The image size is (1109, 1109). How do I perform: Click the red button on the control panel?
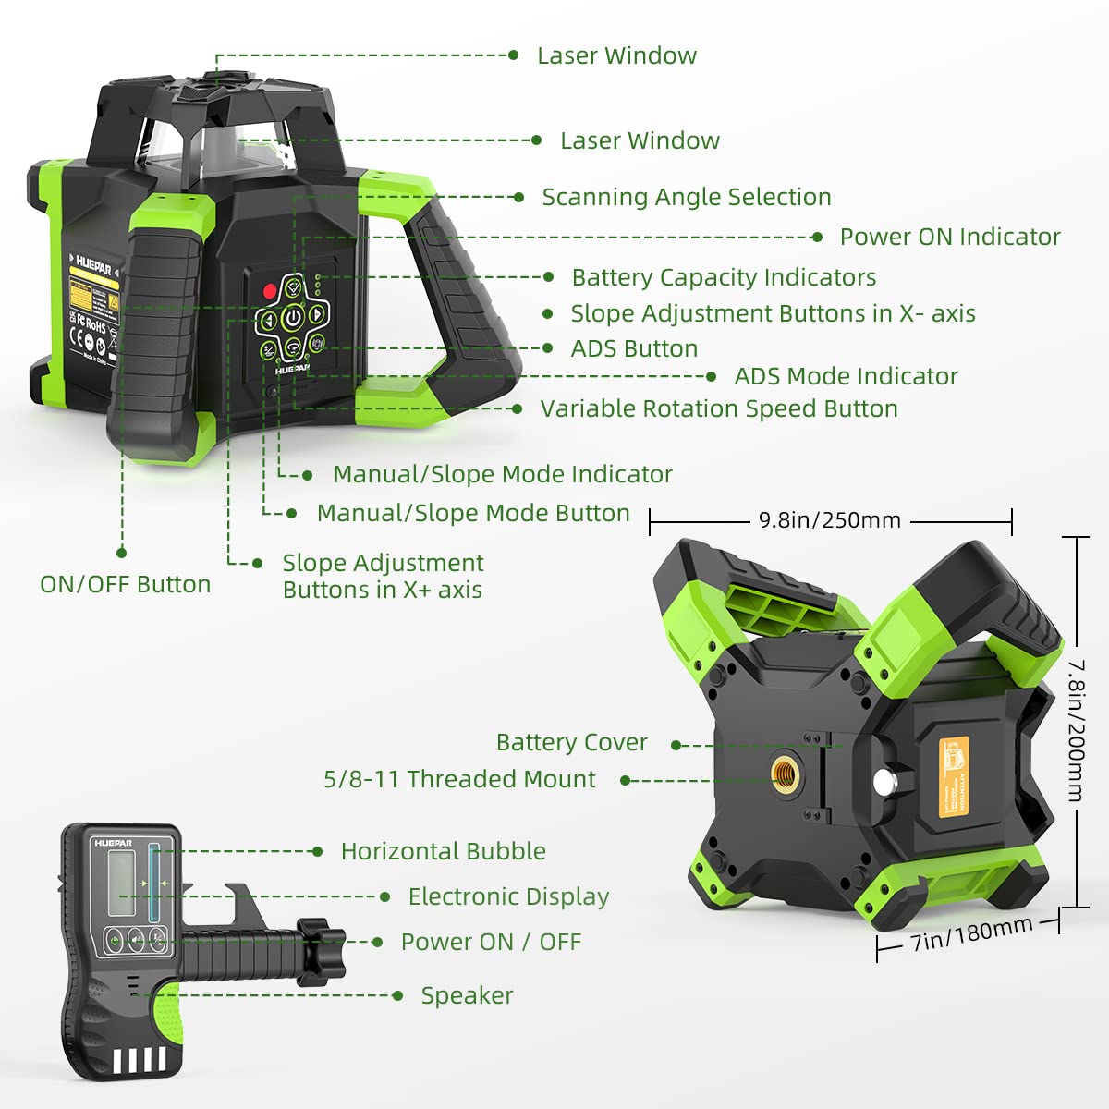pyautogui.click(x=270, y=291)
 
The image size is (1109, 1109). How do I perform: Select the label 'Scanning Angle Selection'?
pyautogui.click(x=686, y=197)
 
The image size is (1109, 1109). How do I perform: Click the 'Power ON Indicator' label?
pyautogui.click(x=949, y=237)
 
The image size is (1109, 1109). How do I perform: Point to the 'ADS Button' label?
pyautogui.click(x=634, y=348)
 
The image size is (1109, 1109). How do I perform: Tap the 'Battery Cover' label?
pyautogui.click(x=571, y=742)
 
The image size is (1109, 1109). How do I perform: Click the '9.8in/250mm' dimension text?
pyautogui.click(x=829, y=520)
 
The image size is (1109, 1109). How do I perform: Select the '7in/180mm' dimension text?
pyautogui.click(x=971, y=934)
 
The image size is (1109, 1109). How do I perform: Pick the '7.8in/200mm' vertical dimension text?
pyautogui.click(x=1077, y=730)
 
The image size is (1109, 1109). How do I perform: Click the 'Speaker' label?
pyautogui.click(x=467, y=995)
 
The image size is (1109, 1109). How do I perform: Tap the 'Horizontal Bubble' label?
pyautogui.click(x=443, y=851)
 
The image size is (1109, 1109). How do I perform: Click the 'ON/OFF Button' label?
pyautogui.click(x=125, y=584)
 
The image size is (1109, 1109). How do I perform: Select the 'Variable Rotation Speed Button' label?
pyautogui.click(x=718, y=408)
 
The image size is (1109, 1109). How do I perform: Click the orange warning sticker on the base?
pyautogui.click(x=954, y=776)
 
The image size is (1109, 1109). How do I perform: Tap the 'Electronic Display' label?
pyautogui.click(x=508, y=896)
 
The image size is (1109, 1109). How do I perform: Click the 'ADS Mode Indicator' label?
pyautogui.click(x=846, y=376)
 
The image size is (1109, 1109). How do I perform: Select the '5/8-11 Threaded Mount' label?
pyautogui.click(x=459, y=779)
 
